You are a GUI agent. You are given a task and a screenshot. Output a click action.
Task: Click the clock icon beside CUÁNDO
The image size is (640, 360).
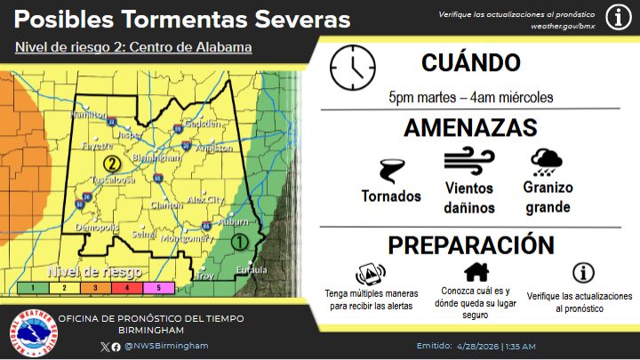[x=352, y=67]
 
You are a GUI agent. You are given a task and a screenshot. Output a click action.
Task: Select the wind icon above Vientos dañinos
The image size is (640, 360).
[x=468, y=162]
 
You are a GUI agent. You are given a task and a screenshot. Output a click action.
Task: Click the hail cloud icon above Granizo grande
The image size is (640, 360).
[x=546, y=161]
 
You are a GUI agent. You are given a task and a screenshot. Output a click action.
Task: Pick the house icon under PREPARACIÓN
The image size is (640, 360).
[x=476, y=272]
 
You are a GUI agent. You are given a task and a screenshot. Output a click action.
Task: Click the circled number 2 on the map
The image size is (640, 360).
[x=111, y=164]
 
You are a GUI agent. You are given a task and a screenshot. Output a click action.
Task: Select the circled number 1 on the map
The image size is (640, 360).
[x=238, y=241]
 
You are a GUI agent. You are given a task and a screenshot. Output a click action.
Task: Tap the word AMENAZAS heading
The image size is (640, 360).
[x=469, y=127]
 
